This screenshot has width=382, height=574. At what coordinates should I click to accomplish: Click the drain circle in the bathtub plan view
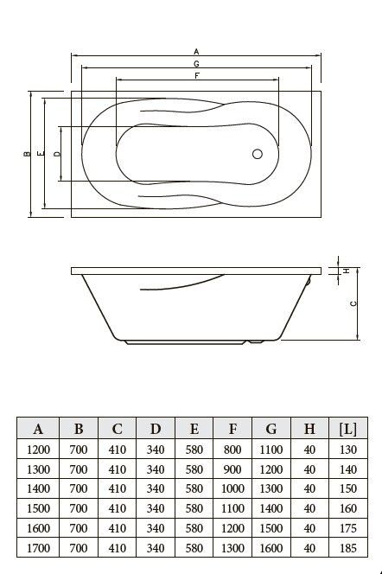(x=258, y=154)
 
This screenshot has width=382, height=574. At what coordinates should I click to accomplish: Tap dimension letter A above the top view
(x=196, y=52)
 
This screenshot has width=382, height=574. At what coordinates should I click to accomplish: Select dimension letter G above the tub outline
(x=196, y=64)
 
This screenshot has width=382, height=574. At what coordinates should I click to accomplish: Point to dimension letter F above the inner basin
(x=197, y=76)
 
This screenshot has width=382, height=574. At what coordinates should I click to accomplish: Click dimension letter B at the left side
(x=27, y=154)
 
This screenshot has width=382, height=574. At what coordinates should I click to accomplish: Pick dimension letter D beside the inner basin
(x=57, y=154)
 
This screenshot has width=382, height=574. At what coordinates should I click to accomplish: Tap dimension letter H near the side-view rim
(x=347, y=271)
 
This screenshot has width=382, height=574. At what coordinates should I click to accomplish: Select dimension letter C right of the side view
(x=353, y=303)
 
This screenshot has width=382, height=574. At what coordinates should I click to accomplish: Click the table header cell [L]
(x=348, y=429)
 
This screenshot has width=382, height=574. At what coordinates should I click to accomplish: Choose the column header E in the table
(x=194, y=429)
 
